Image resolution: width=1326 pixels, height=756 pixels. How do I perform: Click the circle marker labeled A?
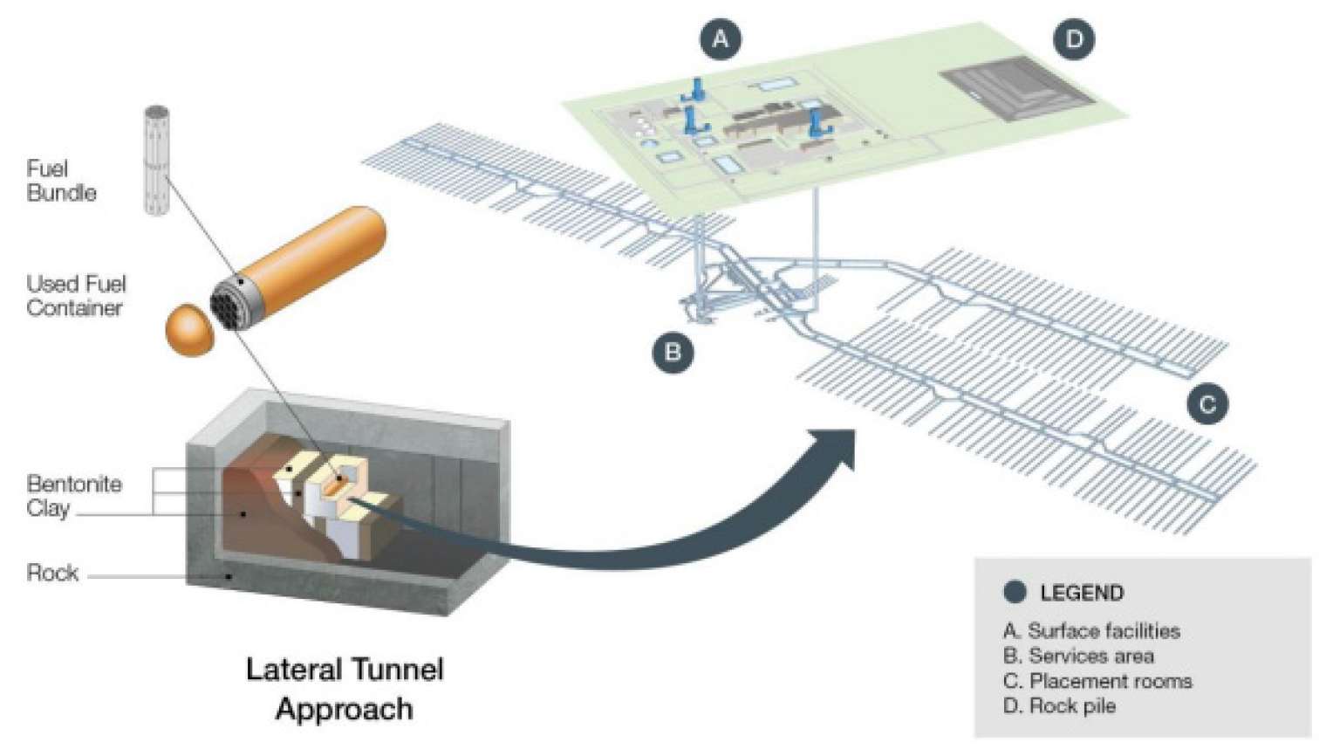[720, 39]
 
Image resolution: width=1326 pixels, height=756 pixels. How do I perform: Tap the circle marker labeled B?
[673, 353]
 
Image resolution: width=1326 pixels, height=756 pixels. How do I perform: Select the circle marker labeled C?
[1207, 404]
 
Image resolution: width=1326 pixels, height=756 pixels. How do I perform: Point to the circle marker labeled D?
[1074, 39]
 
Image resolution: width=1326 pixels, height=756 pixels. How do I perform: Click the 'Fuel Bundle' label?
[61, 181]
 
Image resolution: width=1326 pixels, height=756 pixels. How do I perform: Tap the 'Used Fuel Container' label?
[76, 296]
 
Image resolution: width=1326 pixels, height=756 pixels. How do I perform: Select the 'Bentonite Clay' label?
[74, 496]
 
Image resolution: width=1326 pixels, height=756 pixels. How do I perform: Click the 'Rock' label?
[52, 574]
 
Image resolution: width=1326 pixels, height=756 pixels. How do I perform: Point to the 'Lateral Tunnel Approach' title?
[345, 689]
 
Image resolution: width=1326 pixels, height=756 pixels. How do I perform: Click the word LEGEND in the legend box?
[1082, 594]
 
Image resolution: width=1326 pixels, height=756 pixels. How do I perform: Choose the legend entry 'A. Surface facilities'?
[1091, 631]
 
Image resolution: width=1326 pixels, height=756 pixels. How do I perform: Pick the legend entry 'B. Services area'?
[1078, 656]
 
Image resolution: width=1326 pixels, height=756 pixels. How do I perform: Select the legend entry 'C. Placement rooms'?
[1097, 681]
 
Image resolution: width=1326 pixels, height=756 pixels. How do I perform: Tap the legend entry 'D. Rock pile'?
[1059, 706]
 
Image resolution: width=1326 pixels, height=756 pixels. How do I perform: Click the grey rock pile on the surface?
[1016, 87]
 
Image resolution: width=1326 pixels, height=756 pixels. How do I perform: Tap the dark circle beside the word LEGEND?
[1015, 593]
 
